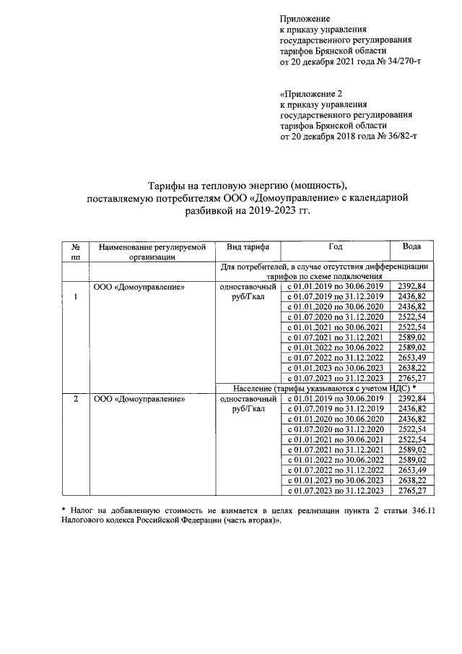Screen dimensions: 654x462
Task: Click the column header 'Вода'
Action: point(412,246)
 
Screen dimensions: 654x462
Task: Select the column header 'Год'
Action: point(335,246)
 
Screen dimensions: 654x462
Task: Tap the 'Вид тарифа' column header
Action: point(248,246)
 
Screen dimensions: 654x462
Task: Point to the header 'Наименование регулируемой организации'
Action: point(153,251)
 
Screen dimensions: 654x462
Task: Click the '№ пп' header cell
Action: point(75,251)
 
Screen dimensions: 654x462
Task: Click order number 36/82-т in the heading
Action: point(398,135)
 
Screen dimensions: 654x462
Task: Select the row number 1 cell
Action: point(75,296)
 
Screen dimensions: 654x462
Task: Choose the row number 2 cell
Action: point(75,398)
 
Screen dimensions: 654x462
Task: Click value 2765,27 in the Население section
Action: point(412,490)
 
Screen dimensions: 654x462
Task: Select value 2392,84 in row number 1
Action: point(412,287)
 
